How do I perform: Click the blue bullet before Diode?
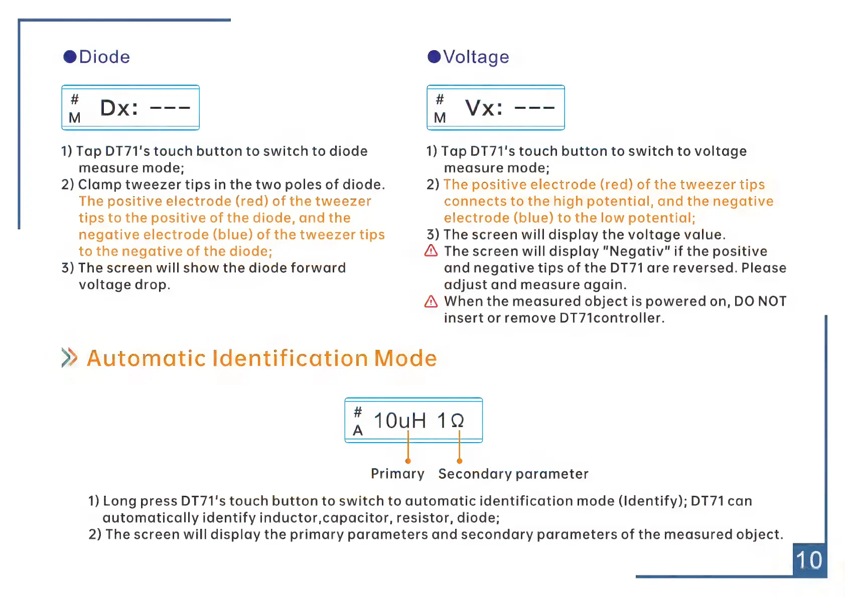coord(70,57)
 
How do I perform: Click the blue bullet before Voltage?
coord(434,57)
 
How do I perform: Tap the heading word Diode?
coord(104,57)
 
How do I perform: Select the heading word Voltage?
coord(476,57)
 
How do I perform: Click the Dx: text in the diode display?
coord(119,108)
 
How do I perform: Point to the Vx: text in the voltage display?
coord(484,108)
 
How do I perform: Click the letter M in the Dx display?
coord(75,118)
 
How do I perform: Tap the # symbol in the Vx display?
coord(440,99)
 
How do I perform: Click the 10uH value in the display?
coord(400,421)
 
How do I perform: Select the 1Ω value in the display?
coord(451,421)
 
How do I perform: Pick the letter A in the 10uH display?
coord(358,431)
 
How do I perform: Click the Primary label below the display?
coord(397,474)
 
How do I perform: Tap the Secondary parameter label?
coord(513,474)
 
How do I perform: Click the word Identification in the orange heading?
coord(291,358)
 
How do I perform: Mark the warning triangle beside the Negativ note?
coord(431,251)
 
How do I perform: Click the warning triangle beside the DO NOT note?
coord(431,301)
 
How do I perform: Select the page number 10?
coord(809,560)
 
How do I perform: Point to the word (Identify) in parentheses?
coord(652,501)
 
